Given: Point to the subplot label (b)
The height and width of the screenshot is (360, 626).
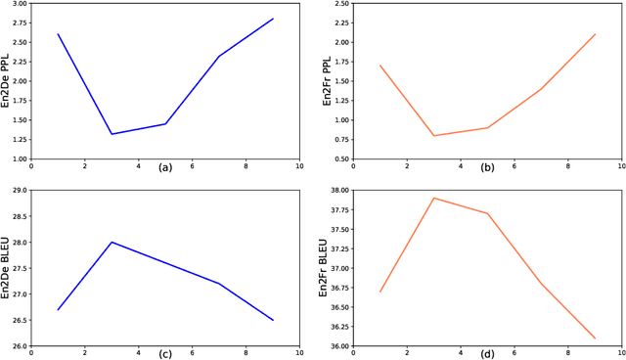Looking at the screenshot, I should point(487,167).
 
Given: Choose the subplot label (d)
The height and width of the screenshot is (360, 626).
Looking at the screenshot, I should point(487,353).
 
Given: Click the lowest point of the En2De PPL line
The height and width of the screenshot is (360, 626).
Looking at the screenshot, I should point(112,134).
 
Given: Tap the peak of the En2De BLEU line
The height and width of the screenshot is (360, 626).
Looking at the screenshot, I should point(112,242).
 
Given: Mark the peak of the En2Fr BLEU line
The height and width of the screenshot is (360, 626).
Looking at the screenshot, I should point(434,198).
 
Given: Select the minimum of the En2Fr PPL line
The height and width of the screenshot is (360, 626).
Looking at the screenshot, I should point(434,136).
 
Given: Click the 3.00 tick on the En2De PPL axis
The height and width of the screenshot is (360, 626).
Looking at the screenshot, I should point(19,4).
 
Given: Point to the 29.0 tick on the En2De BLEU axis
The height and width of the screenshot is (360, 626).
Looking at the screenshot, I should point(19,191).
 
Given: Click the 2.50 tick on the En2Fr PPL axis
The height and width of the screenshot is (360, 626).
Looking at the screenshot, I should point(341,4).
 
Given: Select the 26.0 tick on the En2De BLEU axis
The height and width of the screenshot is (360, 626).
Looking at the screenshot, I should point(19,345).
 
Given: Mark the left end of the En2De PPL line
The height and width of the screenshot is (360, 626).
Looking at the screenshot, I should point(59,34).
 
